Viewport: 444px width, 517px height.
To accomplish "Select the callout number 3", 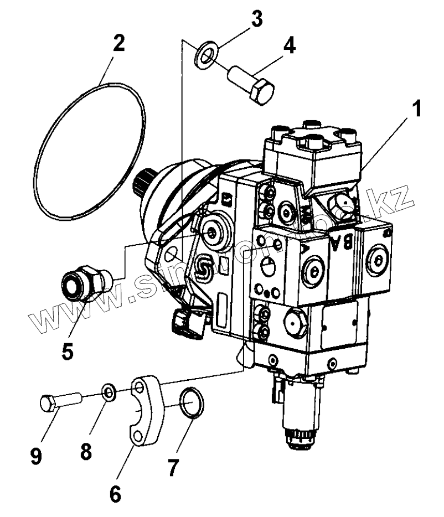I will (255, 19).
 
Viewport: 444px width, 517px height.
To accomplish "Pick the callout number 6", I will (115, 493).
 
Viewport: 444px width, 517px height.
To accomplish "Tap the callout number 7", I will (173, 468).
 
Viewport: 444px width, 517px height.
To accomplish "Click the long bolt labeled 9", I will (60, 400).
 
